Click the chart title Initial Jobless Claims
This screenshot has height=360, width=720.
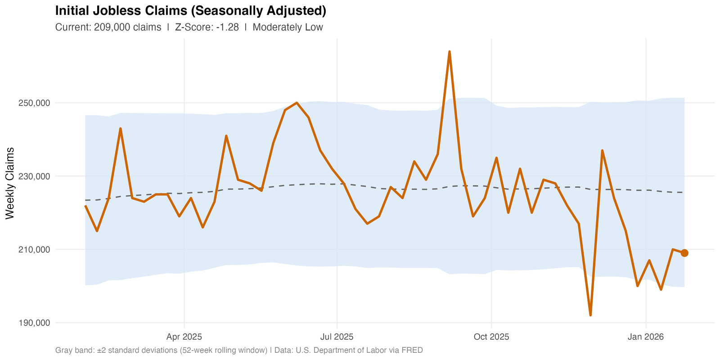[190, 11]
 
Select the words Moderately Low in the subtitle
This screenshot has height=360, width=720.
[288, 27]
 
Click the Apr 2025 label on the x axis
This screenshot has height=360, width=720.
[184, 337]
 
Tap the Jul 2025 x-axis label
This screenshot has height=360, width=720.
[337, 337]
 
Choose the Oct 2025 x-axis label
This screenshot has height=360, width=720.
[491, 337]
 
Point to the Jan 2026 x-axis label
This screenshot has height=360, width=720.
[646, 337]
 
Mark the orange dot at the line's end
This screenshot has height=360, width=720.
[684, 253]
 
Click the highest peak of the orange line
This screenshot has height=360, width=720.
[450, 52]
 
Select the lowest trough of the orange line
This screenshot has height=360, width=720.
[590, 315]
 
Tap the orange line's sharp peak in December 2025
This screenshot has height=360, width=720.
[602, 150]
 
